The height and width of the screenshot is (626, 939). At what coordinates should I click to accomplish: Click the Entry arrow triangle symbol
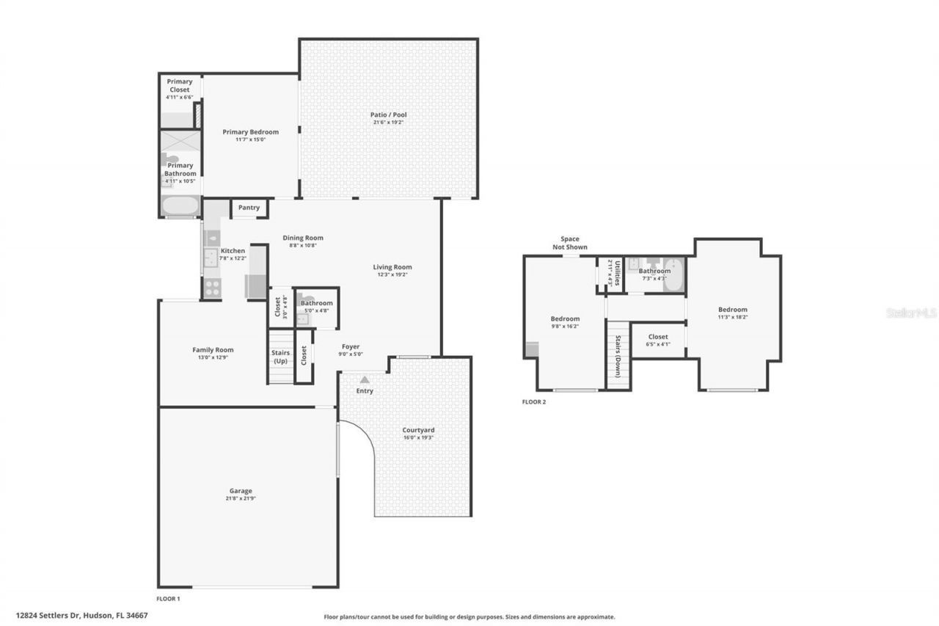pos(365,379)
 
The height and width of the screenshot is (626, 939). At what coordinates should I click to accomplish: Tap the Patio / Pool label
pos(388,114)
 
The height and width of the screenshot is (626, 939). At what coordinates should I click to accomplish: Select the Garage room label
pos(240,491)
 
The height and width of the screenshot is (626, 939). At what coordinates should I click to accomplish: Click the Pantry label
pos(249,208)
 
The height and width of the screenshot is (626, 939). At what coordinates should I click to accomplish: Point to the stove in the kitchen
pos(211,288)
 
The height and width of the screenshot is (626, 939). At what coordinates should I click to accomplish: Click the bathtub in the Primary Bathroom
pos(180,206)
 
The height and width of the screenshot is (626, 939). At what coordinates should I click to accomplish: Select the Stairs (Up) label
pos(280,357)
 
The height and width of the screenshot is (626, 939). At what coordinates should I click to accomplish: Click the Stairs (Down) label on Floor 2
pos(618,357)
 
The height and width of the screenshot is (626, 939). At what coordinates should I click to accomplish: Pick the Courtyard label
pos(418,430)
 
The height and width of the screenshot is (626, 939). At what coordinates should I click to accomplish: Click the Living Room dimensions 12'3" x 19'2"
pos(392,275)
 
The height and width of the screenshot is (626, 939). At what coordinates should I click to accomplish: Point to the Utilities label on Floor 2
pos(618,273)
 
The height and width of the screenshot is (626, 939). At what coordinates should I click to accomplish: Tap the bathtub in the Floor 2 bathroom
pos(673,277)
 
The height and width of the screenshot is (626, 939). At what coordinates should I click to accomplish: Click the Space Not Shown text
pos(570,243)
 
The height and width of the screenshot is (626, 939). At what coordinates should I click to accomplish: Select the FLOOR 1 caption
pos(168,599)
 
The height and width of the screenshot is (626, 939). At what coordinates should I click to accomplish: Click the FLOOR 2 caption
pos(533,401)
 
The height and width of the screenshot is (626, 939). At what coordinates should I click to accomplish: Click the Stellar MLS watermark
pos(911,313)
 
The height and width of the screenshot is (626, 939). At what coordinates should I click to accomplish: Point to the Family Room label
pos(213,350)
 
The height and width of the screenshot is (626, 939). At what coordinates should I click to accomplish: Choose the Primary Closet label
pos(180,85)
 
